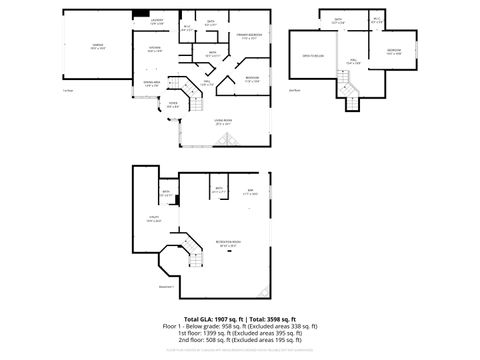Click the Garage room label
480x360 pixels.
97,46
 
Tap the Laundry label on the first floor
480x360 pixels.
156,21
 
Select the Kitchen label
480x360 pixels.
155,48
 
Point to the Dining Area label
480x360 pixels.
151,83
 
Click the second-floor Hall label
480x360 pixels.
354,61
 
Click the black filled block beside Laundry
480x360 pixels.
137,14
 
